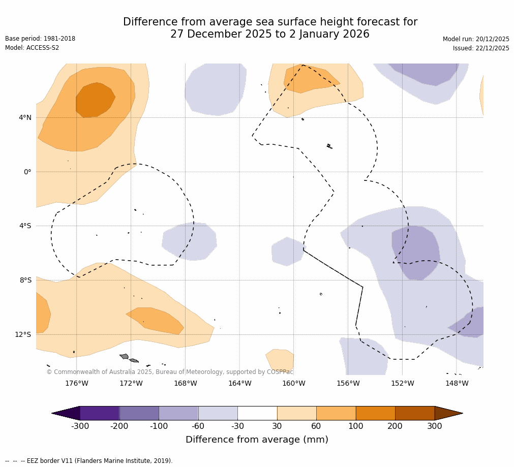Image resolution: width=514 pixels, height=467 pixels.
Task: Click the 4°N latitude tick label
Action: tap(25, 118)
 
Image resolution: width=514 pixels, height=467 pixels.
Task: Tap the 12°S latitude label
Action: tap(23, 334)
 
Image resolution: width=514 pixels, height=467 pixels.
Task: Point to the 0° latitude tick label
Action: tap(27, 172)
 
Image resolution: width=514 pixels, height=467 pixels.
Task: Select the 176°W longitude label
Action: tap(76, 383)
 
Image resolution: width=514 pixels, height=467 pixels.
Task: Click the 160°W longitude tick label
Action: tap(294, 383)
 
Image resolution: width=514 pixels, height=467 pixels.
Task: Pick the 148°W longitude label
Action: tap(457, 383)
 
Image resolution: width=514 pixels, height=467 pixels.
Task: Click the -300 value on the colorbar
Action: tap(80, 426)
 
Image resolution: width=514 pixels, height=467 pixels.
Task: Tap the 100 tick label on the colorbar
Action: tap(355, 426)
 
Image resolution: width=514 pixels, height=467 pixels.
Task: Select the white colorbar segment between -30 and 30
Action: tap(257, 413)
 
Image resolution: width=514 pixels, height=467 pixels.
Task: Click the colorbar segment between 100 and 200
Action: tap(375, 413)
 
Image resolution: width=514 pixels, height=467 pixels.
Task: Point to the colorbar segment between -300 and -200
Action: tap(100, 413)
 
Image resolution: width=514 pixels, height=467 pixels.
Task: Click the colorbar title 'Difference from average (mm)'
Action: tap(257, 440)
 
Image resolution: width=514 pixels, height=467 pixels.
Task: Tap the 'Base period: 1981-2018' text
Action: tap(40, 39)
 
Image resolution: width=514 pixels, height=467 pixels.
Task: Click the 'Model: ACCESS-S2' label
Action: tap(32, 48)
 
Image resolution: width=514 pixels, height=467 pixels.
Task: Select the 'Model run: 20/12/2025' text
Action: tap(476, 39)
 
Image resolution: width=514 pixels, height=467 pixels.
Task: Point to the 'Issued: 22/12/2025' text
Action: tap(481, 48)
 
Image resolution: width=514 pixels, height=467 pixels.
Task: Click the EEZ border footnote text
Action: tap(89, 461)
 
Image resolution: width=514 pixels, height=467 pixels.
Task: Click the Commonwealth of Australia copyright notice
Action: tap(170, 372)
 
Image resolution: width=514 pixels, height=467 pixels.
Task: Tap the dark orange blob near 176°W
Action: tap(95, 100)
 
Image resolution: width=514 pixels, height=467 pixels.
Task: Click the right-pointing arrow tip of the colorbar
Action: tap(460, 413)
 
